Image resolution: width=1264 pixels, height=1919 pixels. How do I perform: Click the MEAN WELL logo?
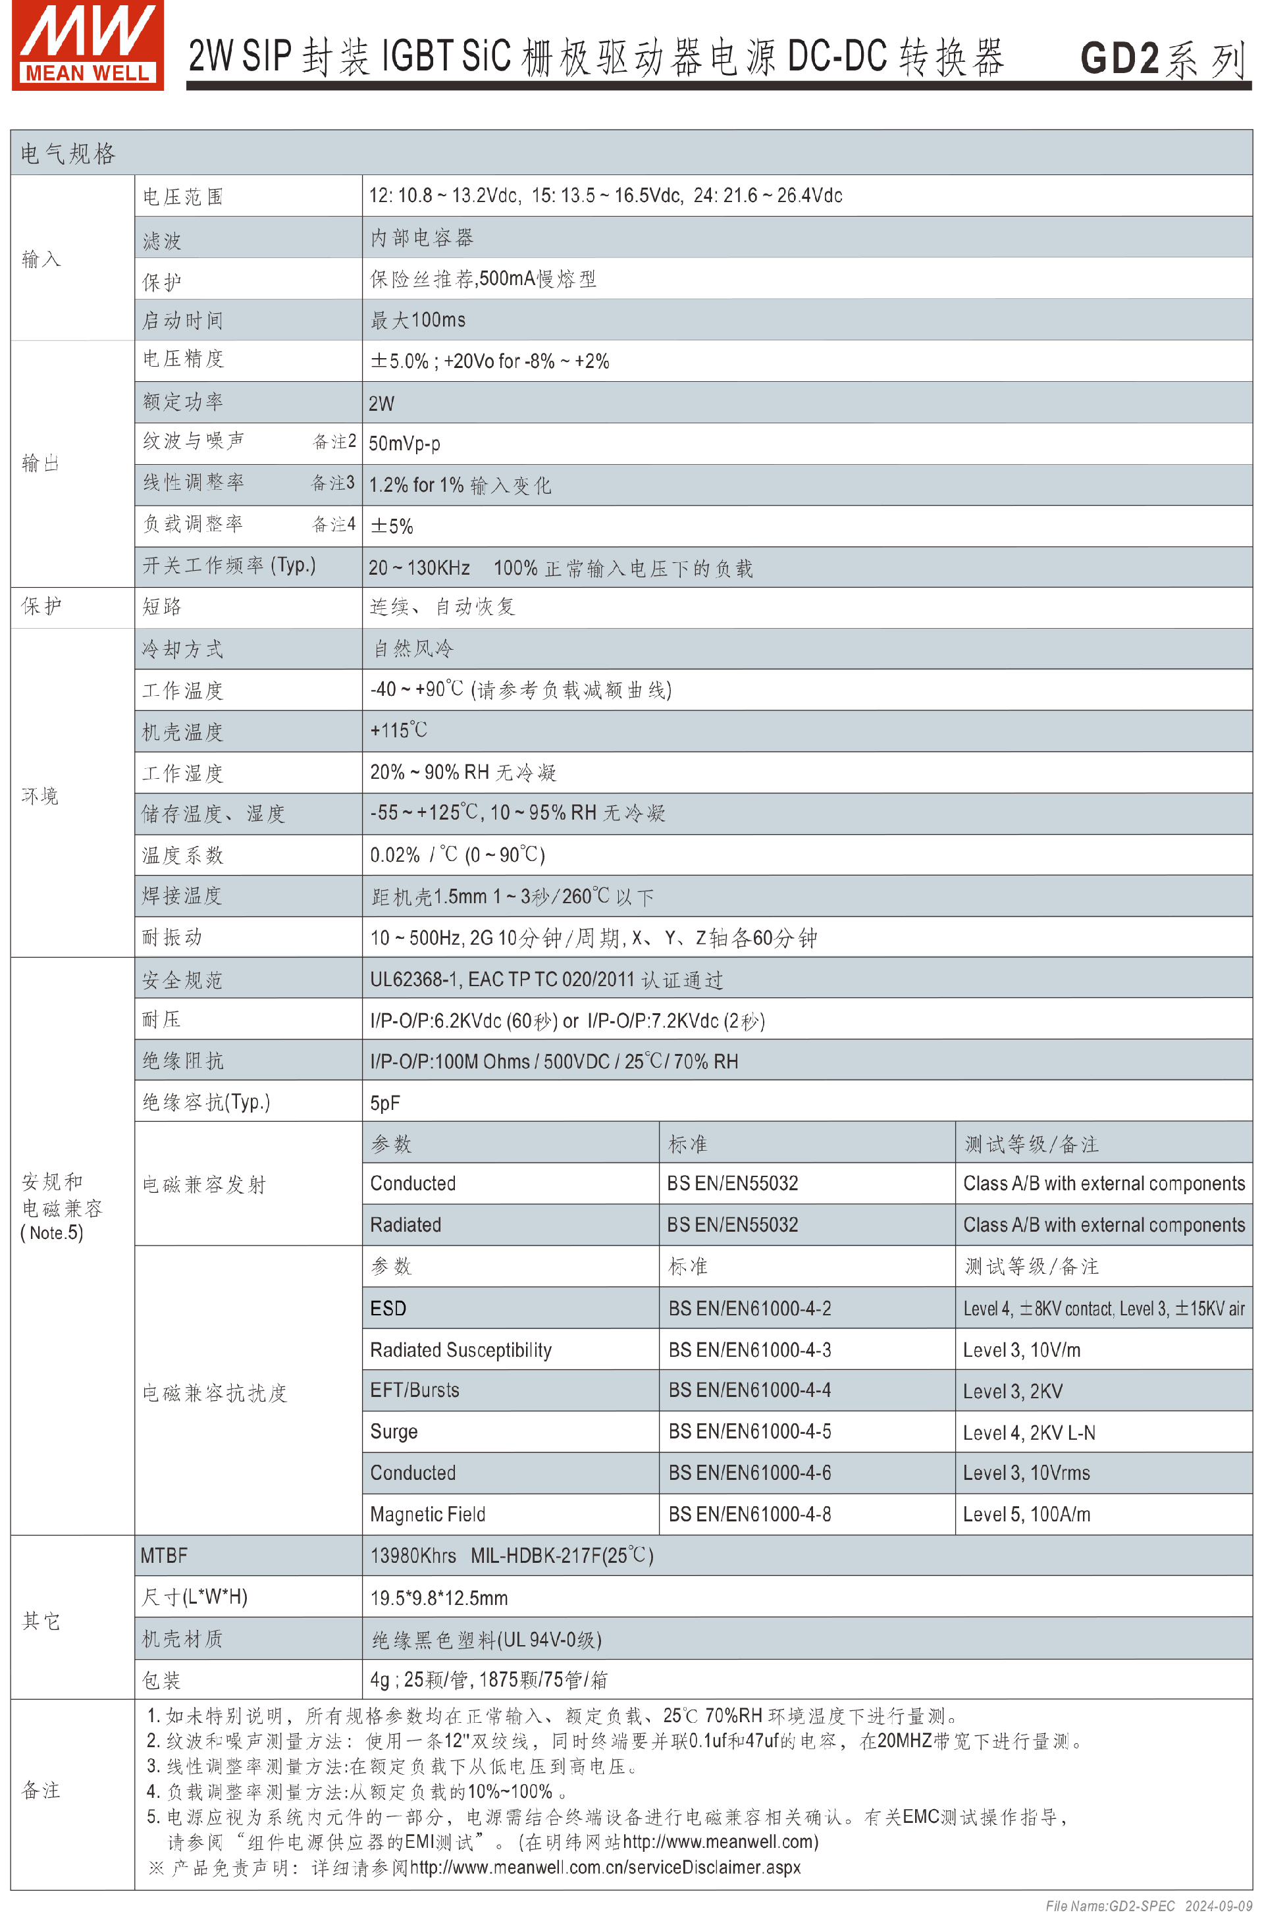pos(87,45)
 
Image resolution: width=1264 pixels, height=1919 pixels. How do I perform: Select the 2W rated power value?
pos(381,403)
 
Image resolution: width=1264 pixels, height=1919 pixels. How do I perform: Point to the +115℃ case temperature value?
pos(398,731)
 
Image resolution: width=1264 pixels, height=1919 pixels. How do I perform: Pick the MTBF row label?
pos(164,1556)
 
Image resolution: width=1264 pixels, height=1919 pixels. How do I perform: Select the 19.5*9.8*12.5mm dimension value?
pos(438,1597)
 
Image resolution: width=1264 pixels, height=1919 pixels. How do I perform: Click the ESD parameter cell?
pos(388,1308)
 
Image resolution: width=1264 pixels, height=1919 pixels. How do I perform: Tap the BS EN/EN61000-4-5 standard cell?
pos(750,1431)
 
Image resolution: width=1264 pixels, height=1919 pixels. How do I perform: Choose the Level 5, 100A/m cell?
pos(1026,1514)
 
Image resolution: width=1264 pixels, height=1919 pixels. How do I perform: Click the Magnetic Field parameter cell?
pos(427,1514)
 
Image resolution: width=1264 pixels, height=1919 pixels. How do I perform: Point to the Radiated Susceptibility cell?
pos(460,1350)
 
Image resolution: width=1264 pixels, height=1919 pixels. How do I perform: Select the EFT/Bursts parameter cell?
pos(414,1390)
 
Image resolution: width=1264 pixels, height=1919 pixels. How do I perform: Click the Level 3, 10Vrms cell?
pos(1026,1473)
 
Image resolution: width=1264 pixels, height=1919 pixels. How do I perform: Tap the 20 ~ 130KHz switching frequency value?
pos(419,567)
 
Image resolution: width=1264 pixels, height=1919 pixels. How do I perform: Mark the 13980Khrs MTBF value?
pos(413,1556)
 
